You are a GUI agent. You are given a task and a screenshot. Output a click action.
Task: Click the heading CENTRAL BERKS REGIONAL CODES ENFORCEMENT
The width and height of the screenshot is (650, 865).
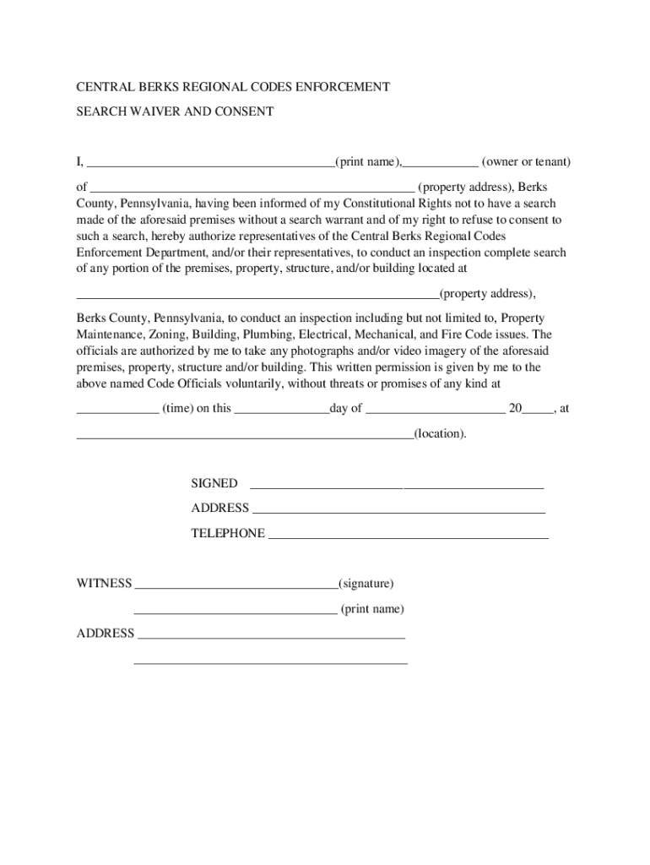[x=233, y=87]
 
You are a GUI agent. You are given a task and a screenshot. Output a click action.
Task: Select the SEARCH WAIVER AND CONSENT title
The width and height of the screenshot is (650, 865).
[x=176, y=112]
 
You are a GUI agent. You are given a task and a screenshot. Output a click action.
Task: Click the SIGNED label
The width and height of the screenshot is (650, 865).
[x=214, y=484]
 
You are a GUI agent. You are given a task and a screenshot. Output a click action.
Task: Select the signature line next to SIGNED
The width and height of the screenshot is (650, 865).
[x=397, y=487]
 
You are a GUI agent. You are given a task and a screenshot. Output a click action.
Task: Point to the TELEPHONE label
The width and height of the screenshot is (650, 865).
[x=228, y=534]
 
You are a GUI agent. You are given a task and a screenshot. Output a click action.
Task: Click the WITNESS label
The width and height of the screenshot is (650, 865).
[x=105, y=584]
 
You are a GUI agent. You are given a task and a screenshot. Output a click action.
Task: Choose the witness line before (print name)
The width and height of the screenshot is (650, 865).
[x=236, y=612]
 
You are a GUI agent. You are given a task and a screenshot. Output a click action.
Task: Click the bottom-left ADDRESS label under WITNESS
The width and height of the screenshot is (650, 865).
[x=106, y=634]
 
